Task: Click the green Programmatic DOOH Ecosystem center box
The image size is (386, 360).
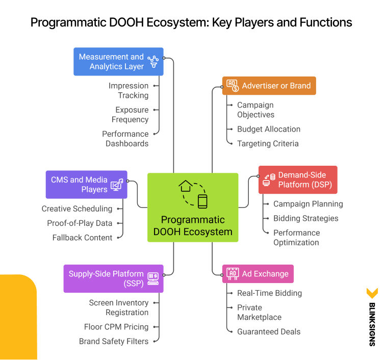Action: coord(193,207)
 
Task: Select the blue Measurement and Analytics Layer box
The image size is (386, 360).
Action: coord(118,62)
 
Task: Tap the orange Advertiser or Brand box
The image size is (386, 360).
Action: coord(269,86)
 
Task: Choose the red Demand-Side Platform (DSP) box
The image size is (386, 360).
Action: coord(297,180)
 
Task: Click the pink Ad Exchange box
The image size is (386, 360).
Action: coord(258,274)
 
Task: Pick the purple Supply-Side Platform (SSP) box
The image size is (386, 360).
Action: coord(113,278)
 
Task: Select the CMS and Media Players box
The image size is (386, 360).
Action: coord(86,185)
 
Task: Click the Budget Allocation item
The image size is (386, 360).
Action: coord(268,129)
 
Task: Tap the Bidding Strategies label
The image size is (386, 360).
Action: coord(305,218)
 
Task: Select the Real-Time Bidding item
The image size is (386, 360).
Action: coord(269,293)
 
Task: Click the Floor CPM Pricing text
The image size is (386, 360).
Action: coord(116,327)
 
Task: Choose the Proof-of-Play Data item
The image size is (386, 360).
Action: coord(80,223)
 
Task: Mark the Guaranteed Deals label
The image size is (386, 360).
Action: coord(269,331)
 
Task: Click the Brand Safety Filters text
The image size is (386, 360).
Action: coord(114,341)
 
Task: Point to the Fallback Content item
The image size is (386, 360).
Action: coord(82,237)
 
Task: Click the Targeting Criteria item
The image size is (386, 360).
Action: coord(268,143)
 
